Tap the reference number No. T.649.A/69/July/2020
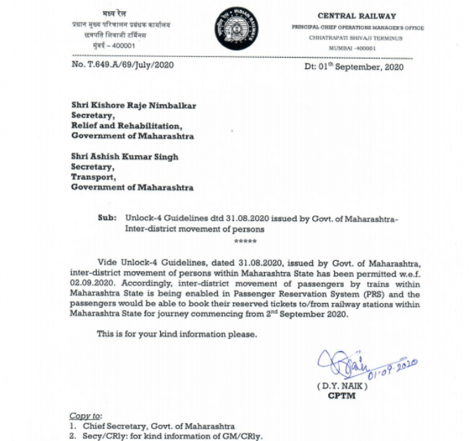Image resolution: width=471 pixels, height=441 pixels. tap(122, 65)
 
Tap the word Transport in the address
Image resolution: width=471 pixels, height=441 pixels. tap(93, 178)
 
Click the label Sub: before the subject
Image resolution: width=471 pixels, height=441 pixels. tap(108, 219)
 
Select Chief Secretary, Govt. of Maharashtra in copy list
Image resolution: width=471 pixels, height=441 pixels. tap(157, 426)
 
